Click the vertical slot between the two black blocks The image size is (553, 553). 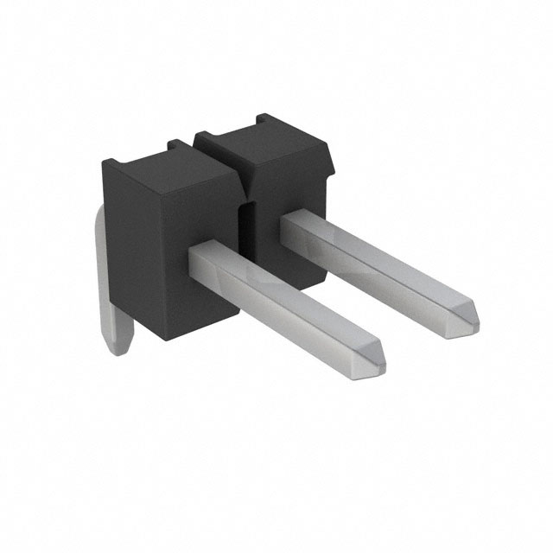(245, 233)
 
